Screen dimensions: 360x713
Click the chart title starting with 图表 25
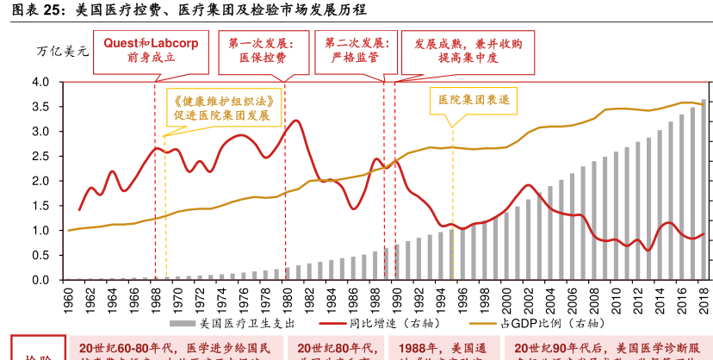click(184, 10)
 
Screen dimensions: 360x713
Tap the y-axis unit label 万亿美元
click(63, 51)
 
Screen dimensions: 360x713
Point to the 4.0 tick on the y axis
click(42, 82)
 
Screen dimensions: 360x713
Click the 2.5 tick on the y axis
click(42, 157)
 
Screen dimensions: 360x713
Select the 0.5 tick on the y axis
click(42, 256)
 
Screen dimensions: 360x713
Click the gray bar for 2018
click(703, 189)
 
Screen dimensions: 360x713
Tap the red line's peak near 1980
click(296, 121)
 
